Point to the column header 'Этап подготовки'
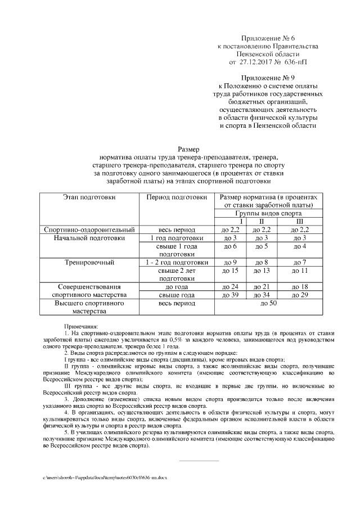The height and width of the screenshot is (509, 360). coord(89,198)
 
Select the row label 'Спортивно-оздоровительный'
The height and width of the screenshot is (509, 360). coord(89,230)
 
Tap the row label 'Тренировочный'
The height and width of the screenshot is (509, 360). coord(89,262)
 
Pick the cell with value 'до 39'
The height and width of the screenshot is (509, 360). coord(231,295)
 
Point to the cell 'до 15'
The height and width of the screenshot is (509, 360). coord(231,271)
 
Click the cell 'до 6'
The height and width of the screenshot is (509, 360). coord(231,246)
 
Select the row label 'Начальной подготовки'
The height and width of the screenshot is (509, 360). coord(89,238)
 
